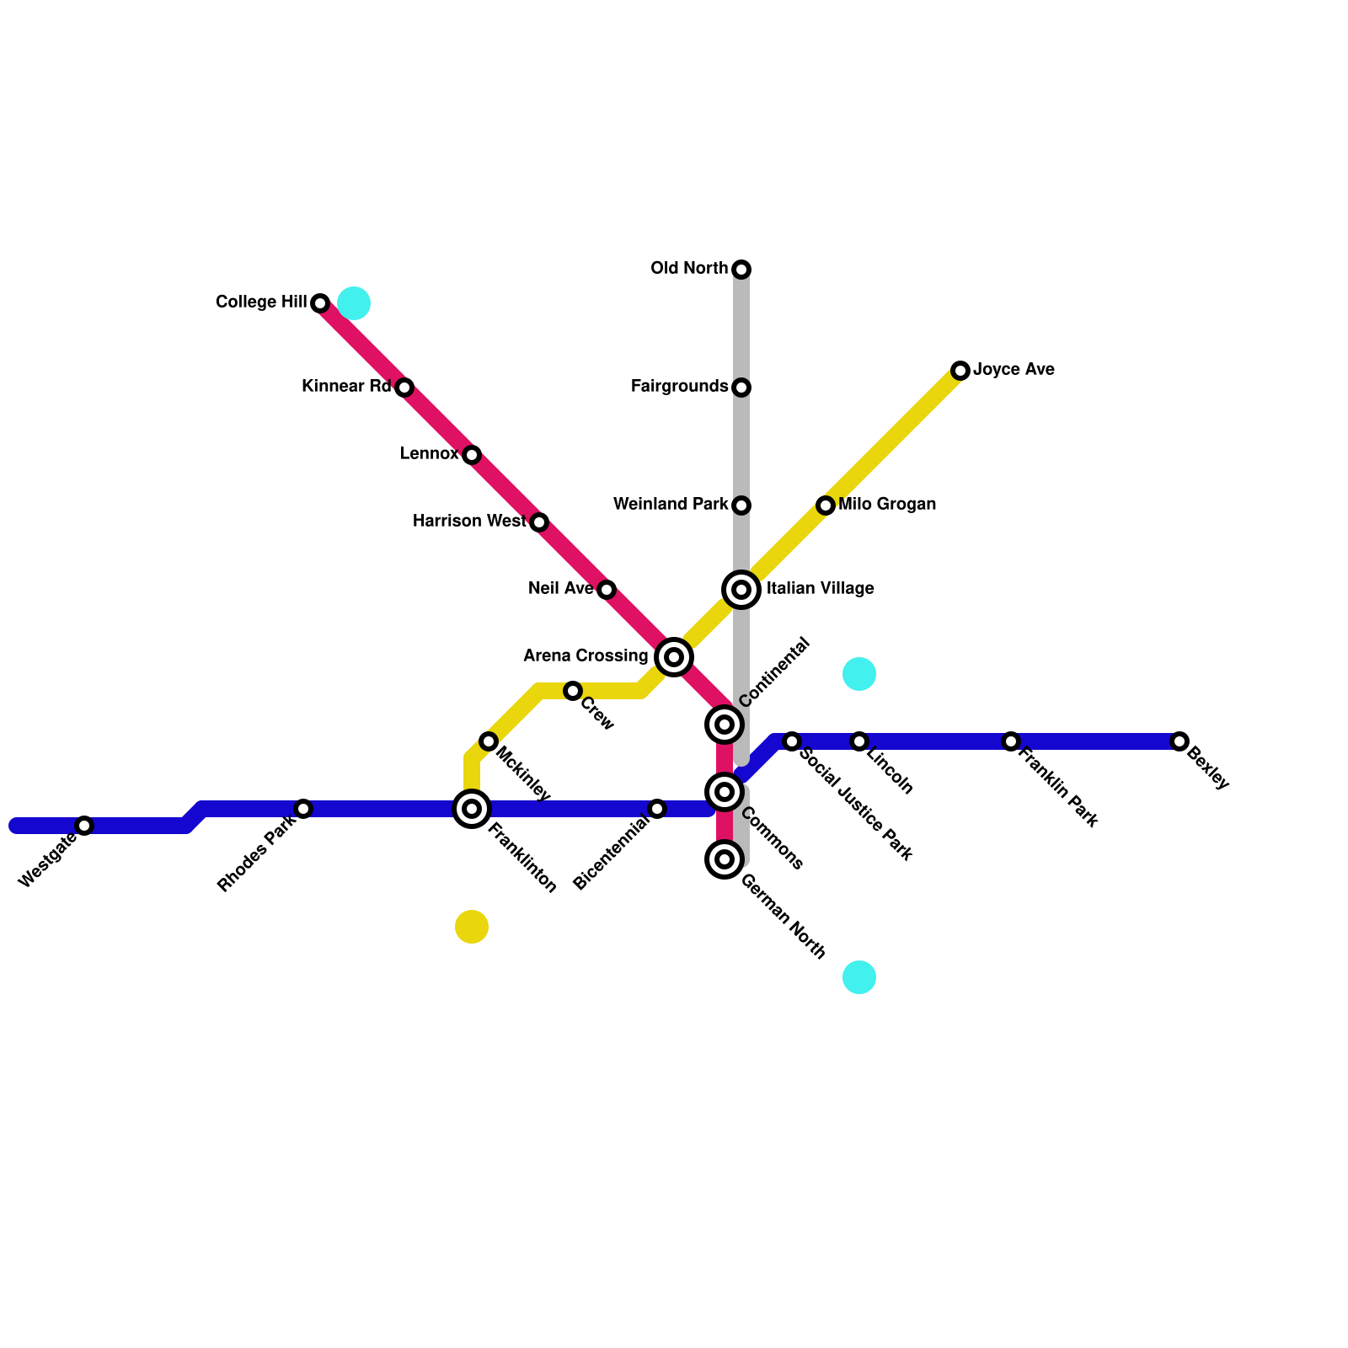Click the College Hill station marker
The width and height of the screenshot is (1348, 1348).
(320, 303)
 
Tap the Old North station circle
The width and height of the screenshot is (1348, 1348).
(741, 270)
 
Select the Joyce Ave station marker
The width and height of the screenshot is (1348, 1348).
(960, 371)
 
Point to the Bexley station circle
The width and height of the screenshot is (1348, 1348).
(1179, 741)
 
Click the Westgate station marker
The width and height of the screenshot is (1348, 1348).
(84, 826)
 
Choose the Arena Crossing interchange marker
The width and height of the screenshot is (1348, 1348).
(674, 657)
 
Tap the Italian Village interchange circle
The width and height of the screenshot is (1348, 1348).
(741, 590)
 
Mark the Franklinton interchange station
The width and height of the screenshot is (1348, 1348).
(472, 809)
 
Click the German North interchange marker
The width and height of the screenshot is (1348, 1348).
(725, 859)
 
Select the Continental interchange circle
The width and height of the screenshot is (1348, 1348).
(725, 725)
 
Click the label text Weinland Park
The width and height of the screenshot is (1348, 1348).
(671, 505)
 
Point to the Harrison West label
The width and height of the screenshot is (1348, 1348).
(469, 522)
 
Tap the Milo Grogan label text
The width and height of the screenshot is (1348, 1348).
(887, 505)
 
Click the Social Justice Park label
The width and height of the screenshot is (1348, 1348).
(855, 805)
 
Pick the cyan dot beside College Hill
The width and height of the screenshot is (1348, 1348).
(354, 303)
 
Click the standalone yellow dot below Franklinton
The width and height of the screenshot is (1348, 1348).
(472, 927)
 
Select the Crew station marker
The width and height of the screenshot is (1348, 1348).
(573, 691)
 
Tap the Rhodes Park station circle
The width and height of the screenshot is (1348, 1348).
(303, 809)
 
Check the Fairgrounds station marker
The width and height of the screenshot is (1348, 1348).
(741, 388)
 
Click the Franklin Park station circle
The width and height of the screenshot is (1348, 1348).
(1011, 741)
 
